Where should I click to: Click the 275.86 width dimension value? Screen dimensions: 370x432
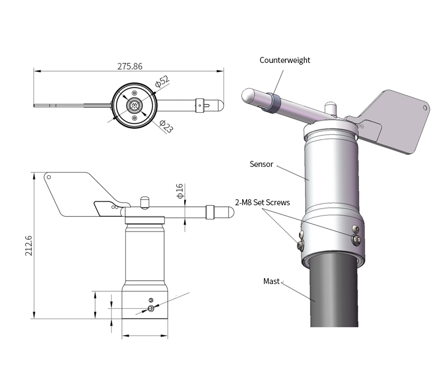[x=130, y=66]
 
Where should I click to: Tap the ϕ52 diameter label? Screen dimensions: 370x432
[x=162, y=81]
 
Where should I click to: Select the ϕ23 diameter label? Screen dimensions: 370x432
[x=166, y=127]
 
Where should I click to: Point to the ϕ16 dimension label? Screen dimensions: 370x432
[x=179, y=190]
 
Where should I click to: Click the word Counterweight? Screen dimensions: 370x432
[x=284, y=60]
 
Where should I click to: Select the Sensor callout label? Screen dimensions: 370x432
[x=261, y=164]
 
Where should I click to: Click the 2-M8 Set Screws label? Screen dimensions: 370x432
[x=262, y=203]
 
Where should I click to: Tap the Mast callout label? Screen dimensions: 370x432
[x=271, y=281]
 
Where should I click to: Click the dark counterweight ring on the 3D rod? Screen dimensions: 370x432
[x=274, y=102]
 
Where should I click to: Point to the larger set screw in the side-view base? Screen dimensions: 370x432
[x=151, y=309]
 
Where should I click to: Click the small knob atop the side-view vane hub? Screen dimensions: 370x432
[x=144, y=201]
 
